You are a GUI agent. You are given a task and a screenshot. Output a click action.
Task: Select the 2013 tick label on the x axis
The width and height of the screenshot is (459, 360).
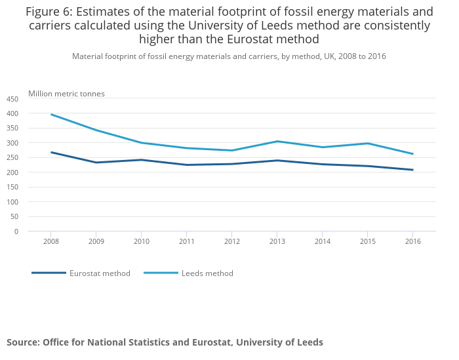point(277,241)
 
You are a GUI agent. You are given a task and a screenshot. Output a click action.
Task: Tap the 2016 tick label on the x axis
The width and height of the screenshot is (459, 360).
point(412,241)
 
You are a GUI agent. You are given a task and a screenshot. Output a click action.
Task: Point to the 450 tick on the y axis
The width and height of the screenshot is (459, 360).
point(13,99)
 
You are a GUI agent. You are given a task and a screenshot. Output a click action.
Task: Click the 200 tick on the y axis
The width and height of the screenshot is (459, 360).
point(13,172)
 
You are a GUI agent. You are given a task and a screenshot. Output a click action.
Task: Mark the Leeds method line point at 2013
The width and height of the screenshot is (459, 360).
point(277,141)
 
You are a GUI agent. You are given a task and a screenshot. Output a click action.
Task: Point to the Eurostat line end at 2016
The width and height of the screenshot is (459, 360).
point(412,170)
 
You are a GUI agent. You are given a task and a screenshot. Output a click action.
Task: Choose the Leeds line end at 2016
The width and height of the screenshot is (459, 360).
point(412,154)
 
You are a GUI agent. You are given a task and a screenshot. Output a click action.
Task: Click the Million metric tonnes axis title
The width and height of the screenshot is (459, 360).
point(66,94)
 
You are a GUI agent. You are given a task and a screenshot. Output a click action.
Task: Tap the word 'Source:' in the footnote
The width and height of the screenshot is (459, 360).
point(23,342)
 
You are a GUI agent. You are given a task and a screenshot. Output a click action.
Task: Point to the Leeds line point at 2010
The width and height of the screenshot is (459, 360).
point(141,143)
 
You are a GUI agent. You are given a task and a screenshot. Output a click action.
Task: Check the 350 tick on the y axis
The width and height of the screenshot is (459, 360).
point(13,129)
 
